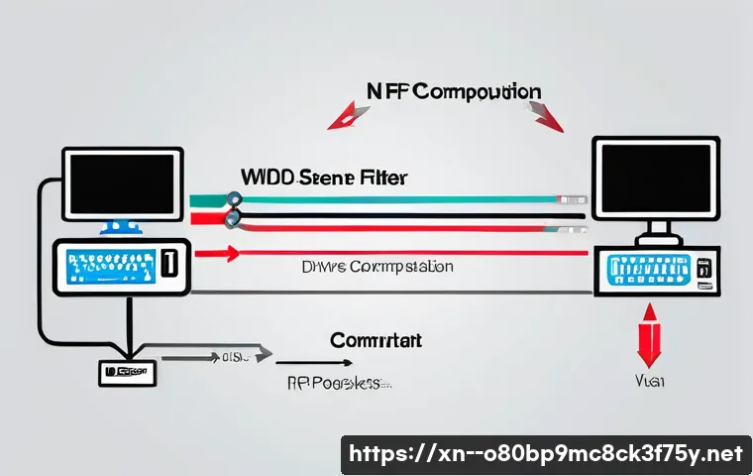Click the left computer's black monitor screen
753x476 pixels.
[122, 183]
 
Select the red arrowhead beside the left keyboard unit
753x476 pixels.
[230, 254]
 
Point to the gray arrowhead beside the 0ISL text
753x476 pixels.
[263, 352]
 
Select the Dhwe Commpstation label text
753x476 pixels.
[376, 267]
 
